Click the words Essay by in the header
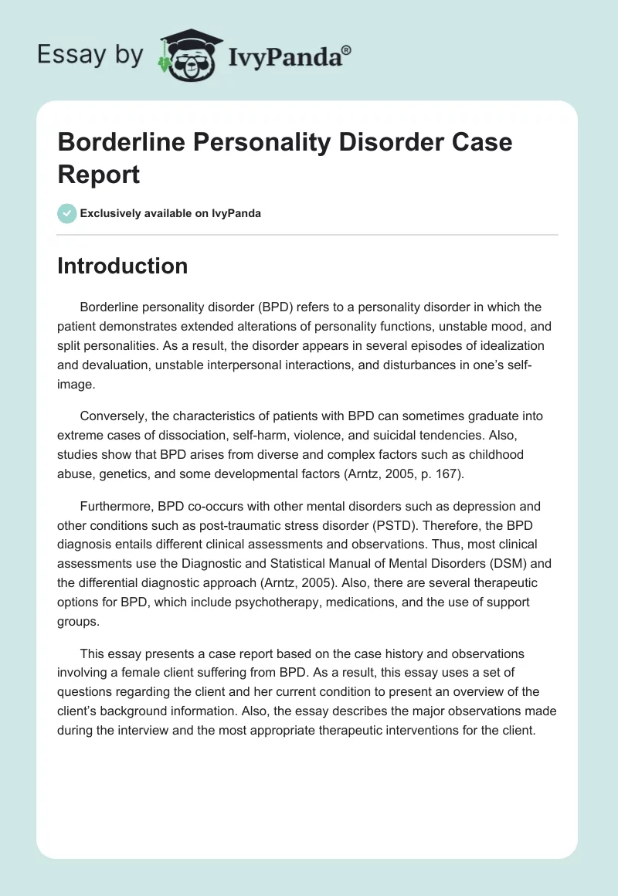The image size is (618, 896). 90,55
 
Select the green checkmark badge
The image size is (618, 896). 67,213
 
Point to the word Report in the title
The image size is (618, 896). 99,174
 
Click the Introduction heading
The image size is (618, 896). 123,266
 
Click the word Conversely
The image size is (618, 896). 113,416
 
